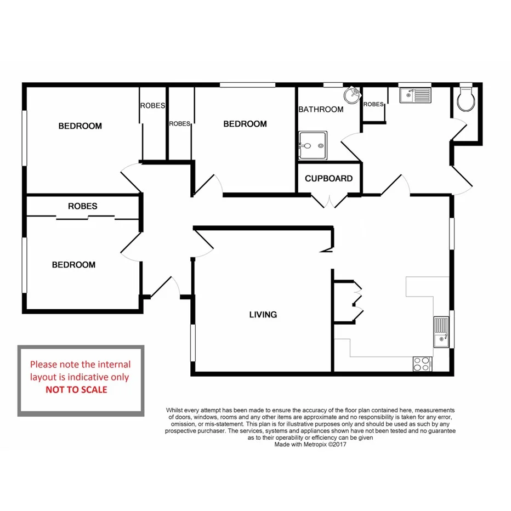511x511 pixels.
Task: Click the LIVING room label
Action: point(263,315)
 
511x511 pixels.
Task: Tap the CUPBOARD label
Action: point(328,179)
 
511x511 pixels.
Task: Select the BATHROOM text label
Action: point(321,110)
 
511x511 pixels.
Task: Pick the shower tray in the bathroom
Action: point(313,145)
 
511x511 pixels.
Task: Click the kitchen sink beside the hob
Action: point(441,332)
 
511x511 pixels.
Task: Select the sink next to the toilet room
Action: point(416,96)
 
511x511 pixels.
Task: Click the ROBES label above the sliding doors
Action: point(83,206)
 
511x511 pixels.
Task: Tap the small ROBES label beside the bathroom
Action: point(373,104)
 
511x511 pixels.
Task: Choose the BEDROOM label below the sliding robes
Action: point(73,265)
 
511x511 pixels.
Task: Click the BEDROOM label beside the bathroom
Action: point(245,124)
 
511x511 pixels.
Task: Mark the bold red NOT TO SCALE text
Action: point(76,390)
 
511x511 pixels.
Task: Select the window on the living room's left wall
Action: point(192,343)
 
